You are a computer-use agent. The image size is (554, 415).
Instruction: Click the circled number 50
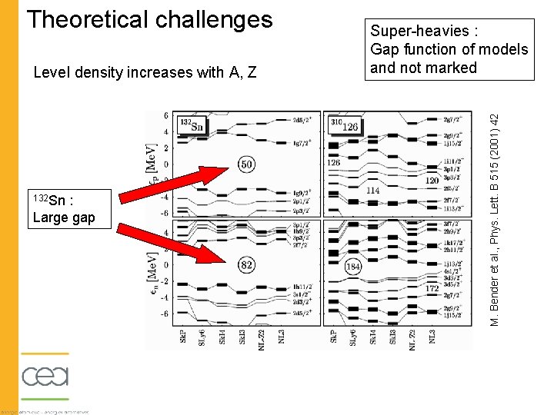click(x=247, y=165)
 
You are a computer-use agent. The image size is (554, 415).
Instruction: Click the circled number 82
click(x=247, y=265)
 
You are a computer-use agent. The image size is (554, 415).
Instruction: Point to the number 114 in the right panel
click(x=375, y=191)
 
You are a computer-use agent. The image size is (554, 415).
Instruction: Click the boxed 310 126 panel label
click(x=344, y=124)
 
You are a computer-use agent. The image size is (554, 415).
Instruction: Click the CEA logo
click(x=45, y=377)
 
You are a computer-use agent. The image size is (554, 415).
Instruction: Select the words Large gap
click(x=64, y=217)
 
